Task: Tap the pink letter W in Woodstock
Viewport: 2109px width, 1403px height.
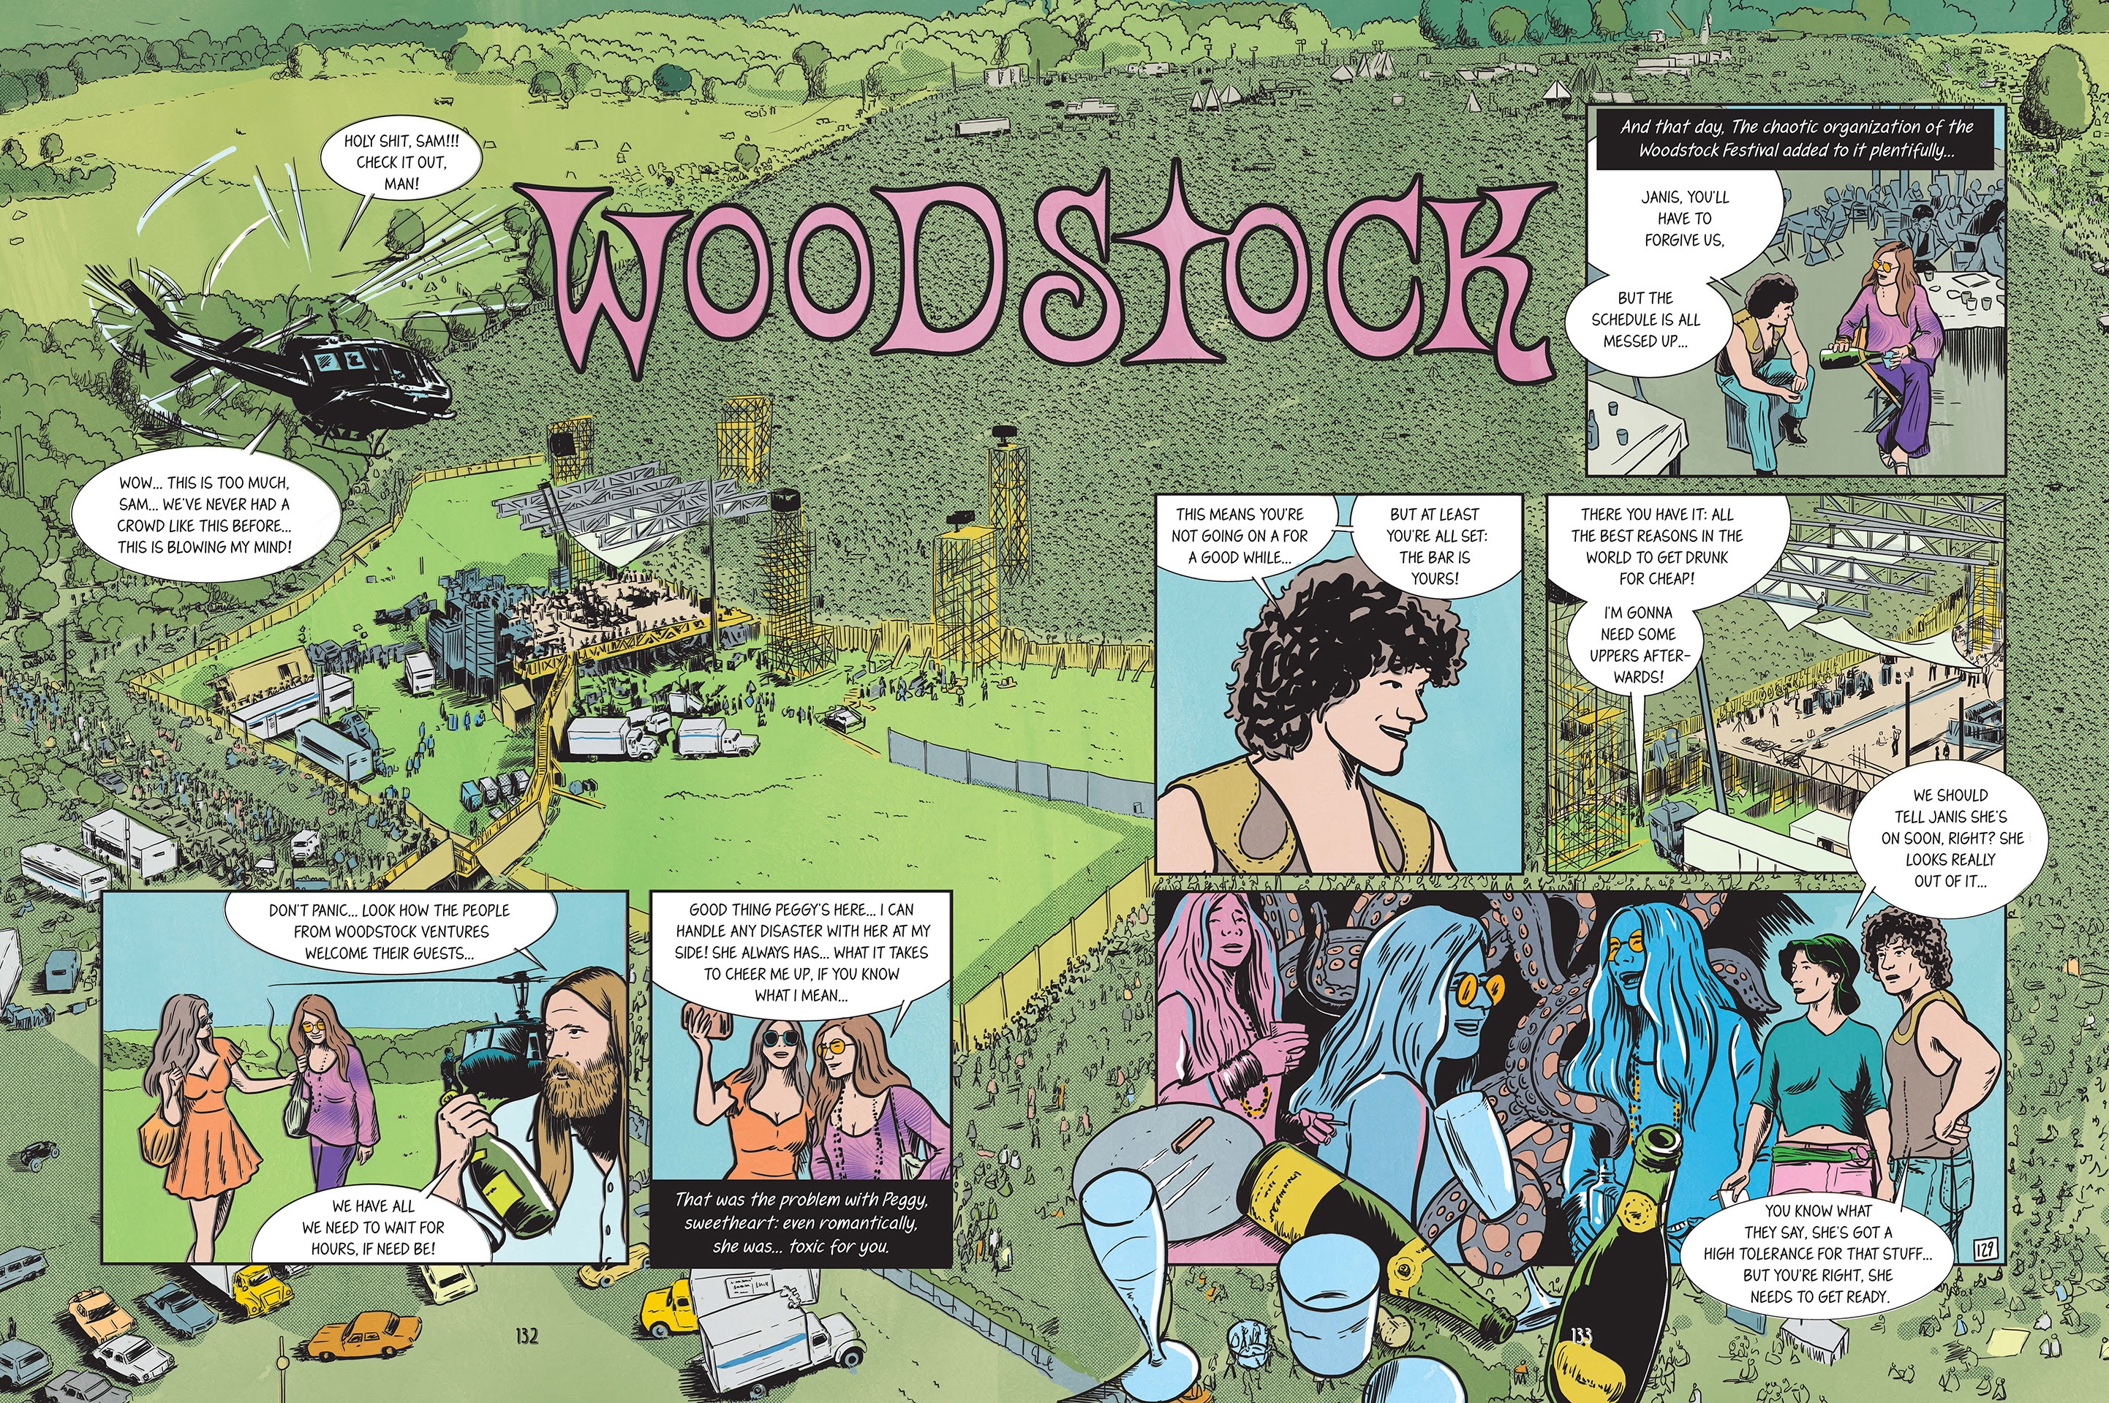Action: pos(617,287)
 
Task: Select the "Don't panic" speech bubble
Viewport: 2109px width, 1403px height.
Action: pos(389,931)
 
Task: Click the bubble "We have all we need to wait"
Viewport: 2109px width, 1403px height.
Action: pos(373,1226)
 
